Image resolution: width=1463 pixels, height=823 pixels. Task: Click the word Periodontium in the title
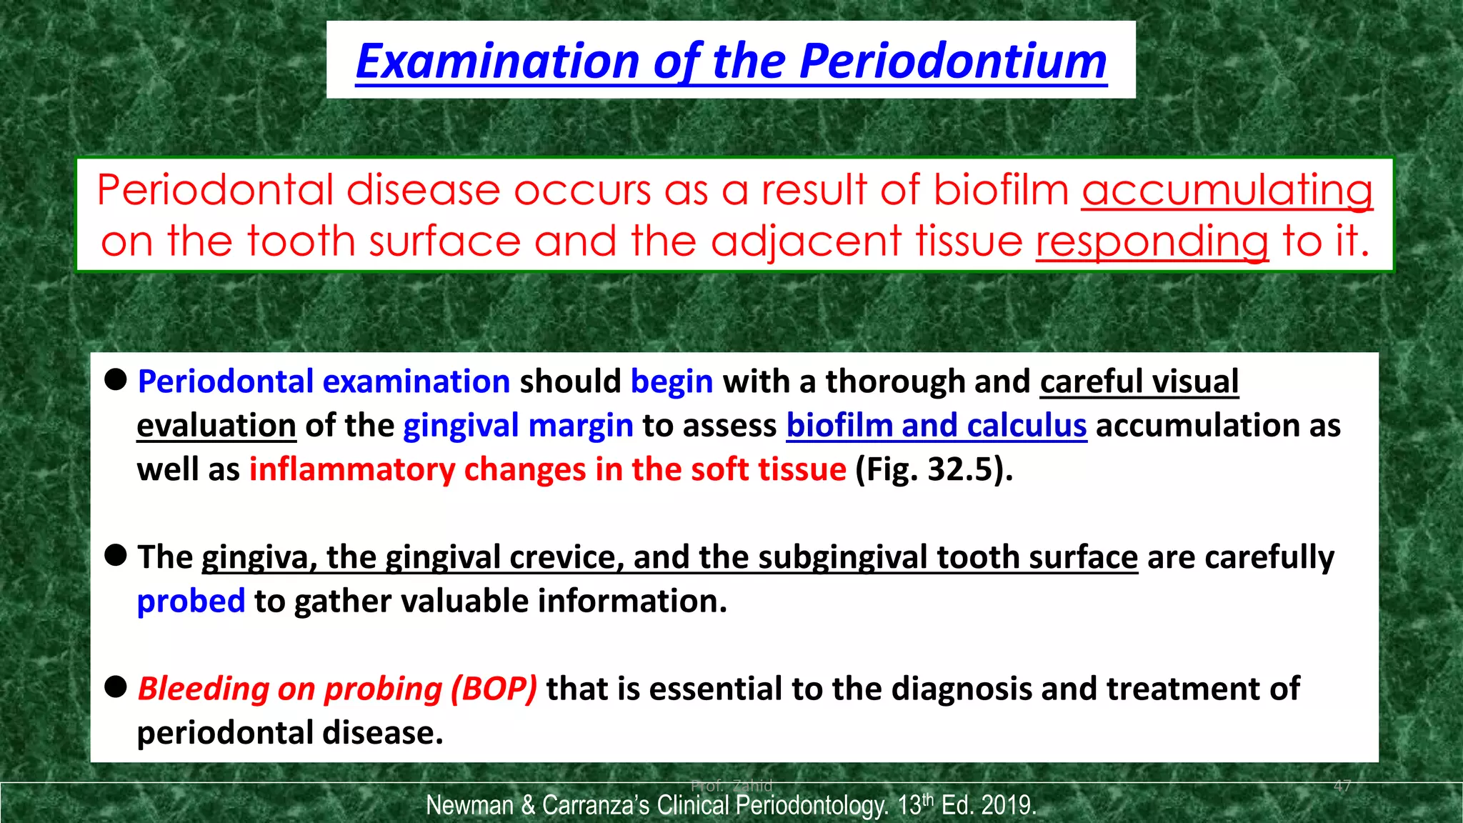point(953,61)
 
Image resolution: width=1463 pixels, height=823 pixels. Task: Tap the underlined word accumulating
point(1227,191)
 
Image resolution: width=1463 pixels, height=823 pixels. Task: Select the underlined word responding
point(1152,241)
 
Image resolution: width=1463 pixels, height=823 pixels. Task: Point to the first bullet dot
point(116,379)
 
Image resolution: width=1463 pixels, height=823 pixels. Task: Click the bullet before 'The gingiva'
point(116,555)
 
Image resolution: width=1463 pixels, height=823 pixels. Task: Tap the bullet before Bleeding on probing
point(116,687)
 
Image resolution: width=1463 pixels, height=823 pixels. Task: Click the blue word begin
point(671,382)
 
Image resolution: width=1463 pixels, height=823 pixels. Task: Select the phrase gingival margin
point(518,427)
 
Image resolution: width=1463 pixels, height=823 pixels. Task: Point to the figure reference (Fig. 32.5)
point(934,470)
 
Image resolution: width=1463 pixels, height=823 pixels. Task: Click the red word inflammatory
point(351,470)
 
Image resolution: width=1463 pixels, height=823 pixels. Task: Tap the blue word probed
point(191,602)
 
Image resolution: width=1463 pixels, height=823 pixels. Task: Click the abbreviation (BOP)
point(493,689)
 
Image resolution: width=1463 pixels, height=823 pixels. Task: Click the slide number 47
point(1342,786)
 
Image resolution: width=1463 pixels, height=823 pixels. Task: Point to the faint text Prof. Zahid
point(731,786)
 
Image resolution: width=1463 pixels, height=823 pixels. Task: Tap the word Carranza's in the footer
point(595,806)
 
